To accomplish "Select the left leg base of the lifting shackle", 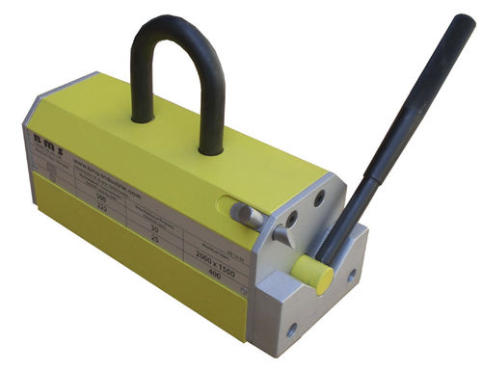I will point(143,117).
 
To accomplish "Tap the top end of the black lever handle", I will point(468,23).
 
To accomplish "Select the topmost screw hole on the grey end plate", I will point(319,200).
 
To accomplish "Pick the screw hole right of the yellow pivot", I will point(352,275).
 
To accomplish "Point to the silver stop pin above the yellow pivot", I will point(287,230).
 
